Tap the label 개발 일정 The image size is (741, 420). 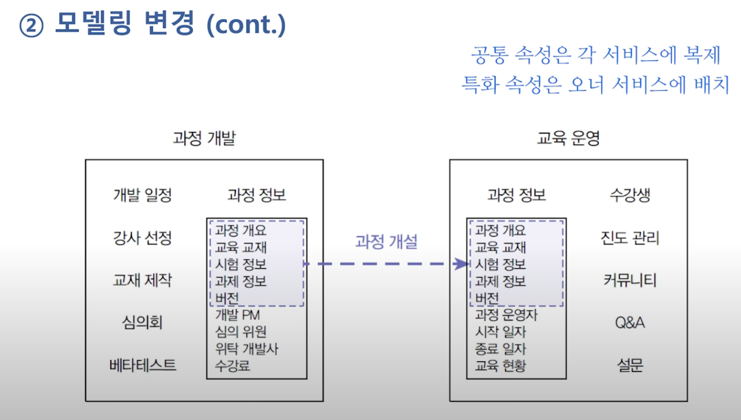[x=142, y=195]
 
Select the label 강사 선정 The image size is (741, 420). [x=142, y=238]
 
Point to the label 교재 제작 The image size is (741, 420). [x=142, y=280]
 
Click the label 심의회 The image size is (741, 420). [x=142, y=322]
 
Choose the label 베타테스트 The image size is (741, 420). [x=142, y=365]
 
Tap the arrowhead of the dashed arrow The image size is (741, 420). [x=461, y=264]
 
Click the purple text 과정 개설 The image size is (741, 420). [x=386, y=242]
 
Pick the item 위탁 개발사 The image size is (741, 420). [x=246, y=349]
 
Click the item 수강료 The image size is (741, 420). [x=233, y=366]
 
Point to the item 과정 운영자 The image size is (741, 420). [x=506, y=315]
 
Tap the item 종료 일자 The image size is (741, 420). [x=501, y=349]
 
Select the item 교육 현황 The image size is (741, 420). [x=501, y=366]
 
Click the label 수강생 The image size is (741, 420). [x=630, y=195]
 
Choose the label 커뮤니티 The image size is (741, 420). [x=630, y=280]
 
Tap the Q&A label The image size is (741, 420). [x=630, y=322]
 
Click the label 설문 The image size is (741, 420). [x=630, y=365]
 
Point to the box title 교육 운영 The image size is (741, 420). [x=568, y=139]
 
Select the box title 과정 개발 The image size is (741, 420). [x=204, y=139]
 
